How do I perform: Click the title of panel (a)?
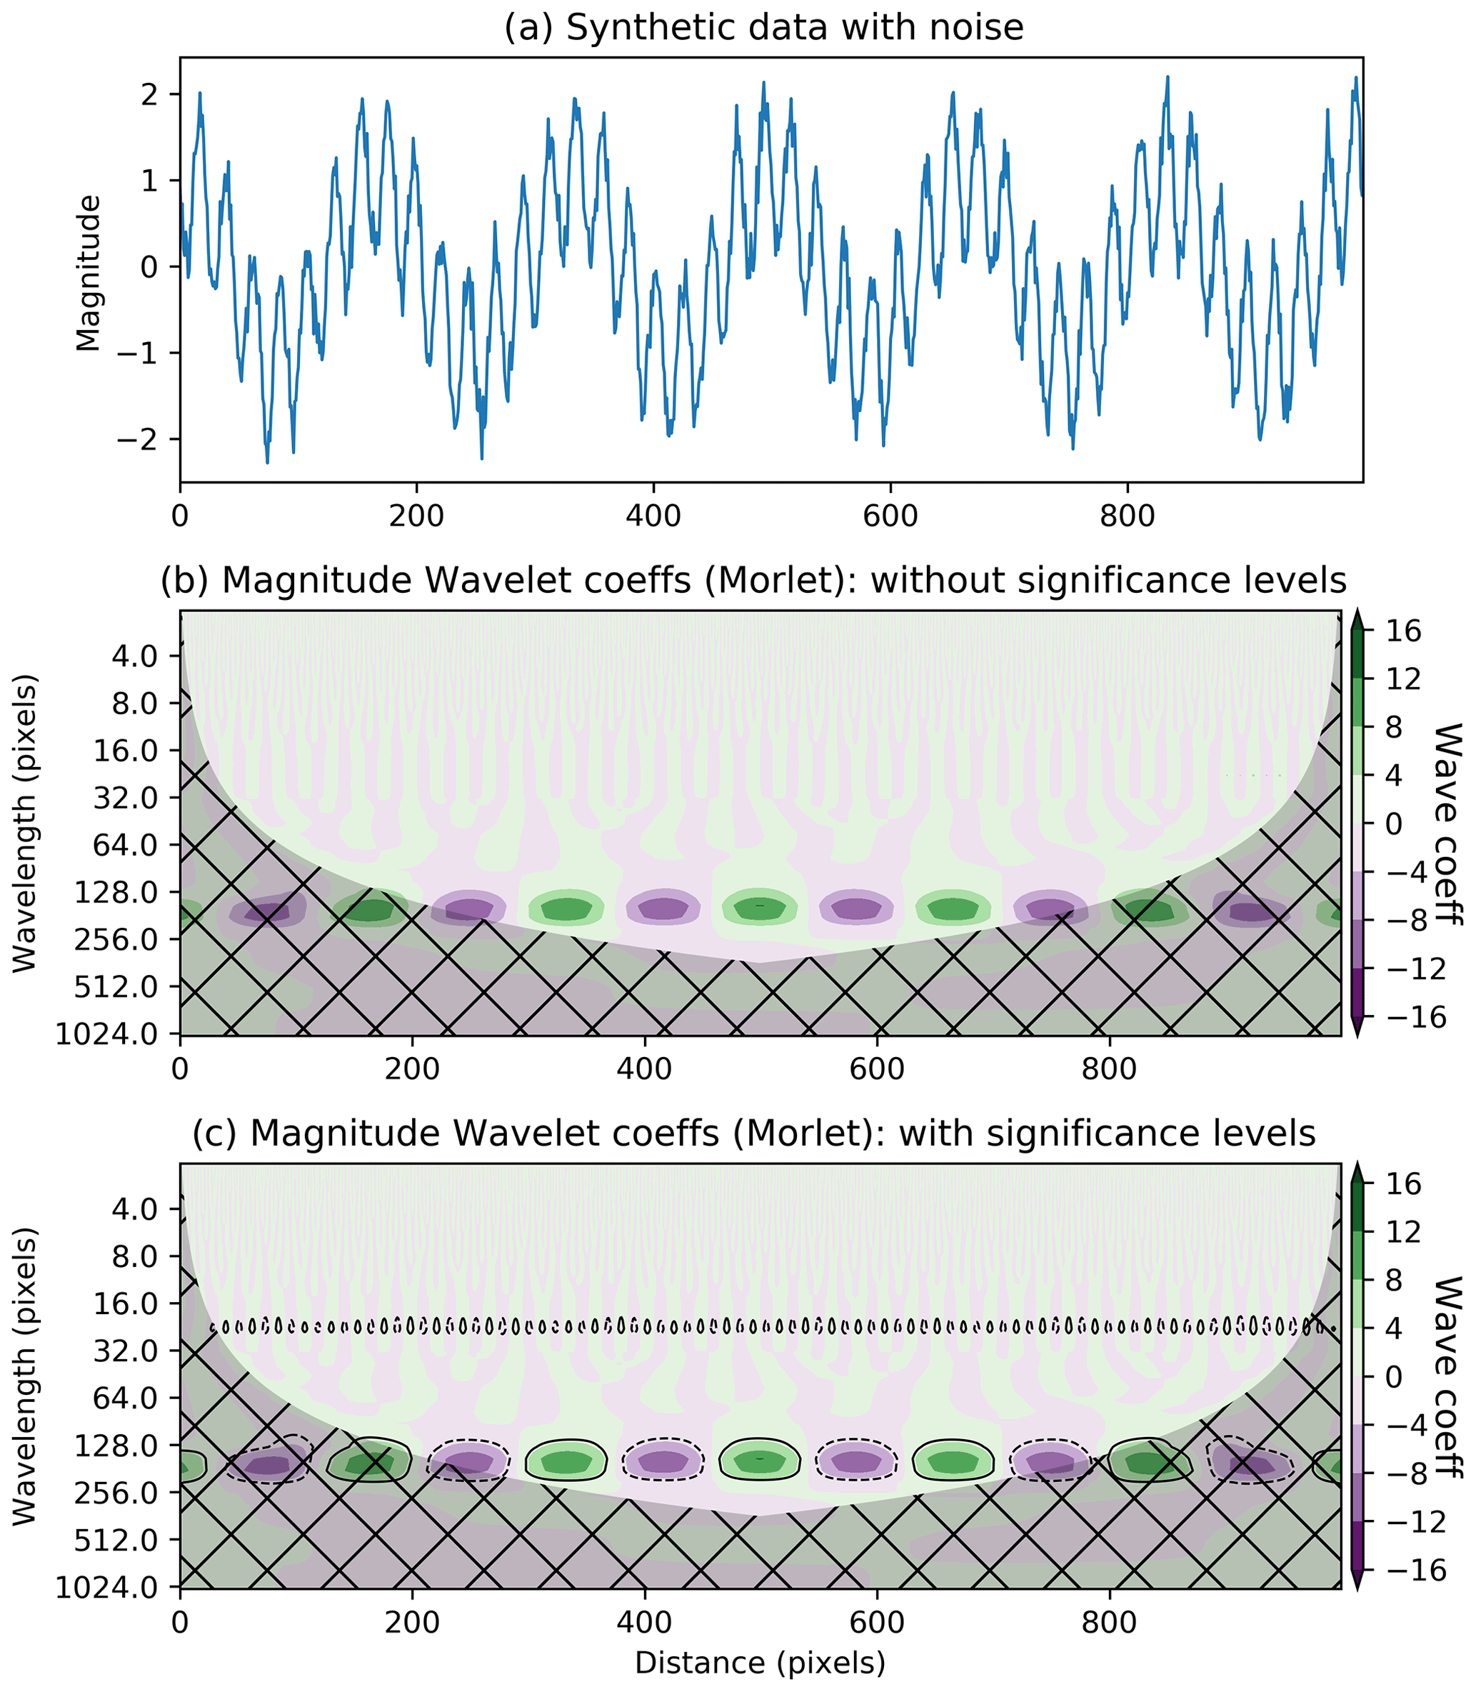tap(763, 28)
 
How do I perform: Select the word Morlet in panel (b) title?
tap(790, 581)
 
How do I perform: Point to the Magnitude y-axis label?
tap(88, 273)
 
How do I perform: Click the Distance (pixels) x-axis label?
tap(759, 1661)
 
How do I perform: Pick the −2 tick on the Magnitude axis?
tap(138, 439)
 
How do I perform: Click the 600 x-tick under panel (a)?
tap(890, 516)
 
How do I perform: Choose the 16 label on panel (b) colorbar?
tap(1403, 632)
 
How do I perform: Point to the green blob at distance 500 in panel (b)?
tap(759, 907)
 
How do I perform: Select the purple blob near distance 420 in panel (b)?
tap(663, 908)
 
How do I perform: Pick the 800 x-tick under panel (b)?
tap(1110, 1069)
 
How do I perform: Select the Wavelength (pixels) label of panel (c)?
tap(26, 1376)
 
